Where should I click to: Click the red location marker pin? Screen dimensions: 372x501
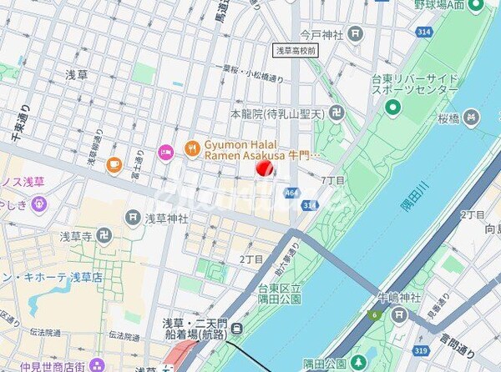264,168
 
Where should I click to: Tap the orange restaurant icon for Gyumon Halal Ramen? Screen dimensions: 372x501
193,149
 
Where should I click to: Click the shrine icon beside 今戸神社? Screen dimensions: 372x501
356,34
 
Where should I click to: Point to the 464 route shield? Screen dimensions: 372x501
291,193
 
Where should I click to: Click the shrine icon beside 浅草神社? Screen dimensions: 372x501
133,218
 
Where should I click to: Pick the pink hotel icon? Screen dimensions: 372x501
165,152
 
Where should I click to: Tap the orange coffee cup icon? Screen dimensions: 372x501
114,165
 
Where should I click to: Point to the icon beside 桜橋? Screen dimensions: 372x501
471,117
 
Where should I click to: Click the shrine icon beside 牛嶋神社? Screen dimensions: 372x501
399,314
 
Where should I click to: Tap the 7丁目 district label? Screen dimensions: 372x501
333,180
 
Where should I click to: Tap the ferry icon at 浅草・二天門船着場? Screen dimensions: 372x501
237,328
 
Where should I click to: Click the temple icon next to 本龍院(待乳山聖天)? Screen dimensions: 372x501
335,112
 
